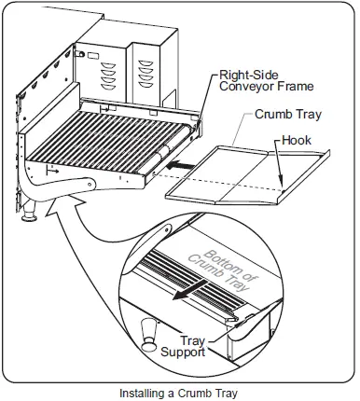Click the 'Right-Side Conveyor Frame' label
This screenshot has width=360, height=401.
point(266,80)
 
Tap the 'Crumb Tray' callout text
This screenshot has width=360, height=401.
point(288,115)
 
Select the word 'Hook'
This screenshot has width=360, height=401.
point(297,140)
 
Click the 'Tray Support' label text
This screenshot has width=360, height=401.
point(184,347)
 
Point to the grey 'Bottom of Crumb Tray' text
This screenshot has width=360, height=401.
point(223,270)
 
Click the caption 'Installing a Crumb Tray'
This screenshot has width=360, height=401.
point(179,394)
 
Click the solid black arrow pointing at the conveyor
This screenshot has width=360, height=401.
point(181,166)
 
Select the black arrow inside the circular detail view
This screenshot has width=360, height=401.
point(188,290)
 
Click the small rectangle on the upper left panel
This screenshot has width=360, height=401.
point(92,56)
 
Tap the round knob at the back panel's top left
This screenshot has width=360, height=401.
point(81,54)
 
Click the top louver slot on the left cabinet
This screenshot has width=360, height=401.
point(109,66)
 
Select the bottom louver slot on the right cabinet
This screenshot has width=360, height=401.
point(145,84)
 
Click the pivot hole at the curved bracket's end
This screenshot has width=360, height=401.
point(90,185)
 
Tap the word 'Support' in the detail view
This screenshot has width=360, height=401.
point(184,353)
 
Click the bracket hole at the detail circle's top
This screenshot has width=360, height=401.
point(166,229)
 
